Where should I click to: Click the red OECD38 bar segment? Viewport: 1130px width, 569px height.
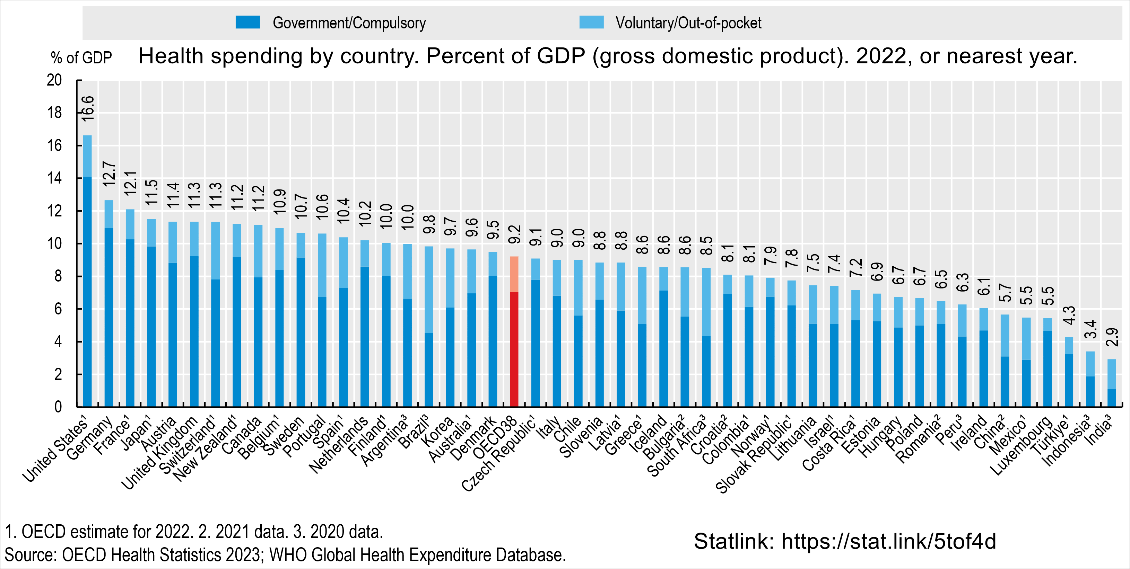[514, 349]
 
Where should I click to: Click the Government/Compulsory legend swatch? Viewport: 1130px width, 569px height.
[247, 23]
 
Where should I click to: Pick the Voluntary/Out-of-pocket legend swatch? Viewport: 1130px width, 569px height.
[591, 23]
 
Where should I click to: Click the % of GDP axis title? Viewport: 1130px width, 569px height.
[81, 58]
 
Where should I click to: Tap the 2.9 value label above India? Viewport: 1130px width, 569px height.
[1112, 337]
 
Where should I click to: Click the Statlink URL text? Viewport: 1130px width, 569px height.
[844, 541]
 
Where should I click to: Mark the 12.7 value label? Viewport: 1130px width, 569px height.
[109, 174]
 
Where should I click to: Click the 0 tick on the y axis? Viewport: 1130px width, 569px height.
[58, 407]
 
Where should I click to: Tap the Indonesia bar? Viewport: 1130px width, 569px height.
[1090, 379]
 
